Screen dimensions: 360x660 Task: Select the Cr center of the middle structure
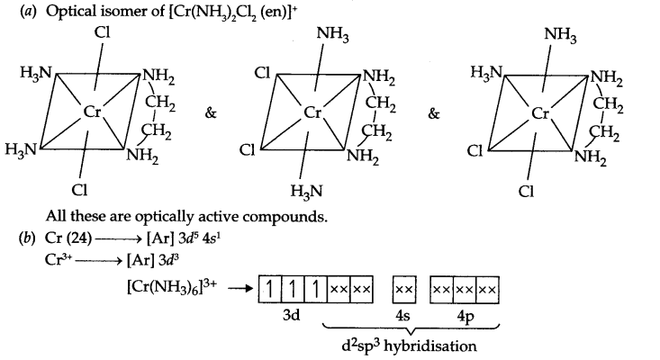coord(313,113)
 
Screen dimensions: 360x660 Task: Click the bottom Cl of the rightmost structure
coord(529,191)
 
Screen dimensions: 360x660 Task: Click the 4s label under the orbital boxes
coord(404,316)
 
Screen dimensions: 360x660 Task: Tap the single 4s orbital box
coord(404,290)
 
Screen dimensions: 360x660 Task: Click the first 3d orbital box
coord(269,290)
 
